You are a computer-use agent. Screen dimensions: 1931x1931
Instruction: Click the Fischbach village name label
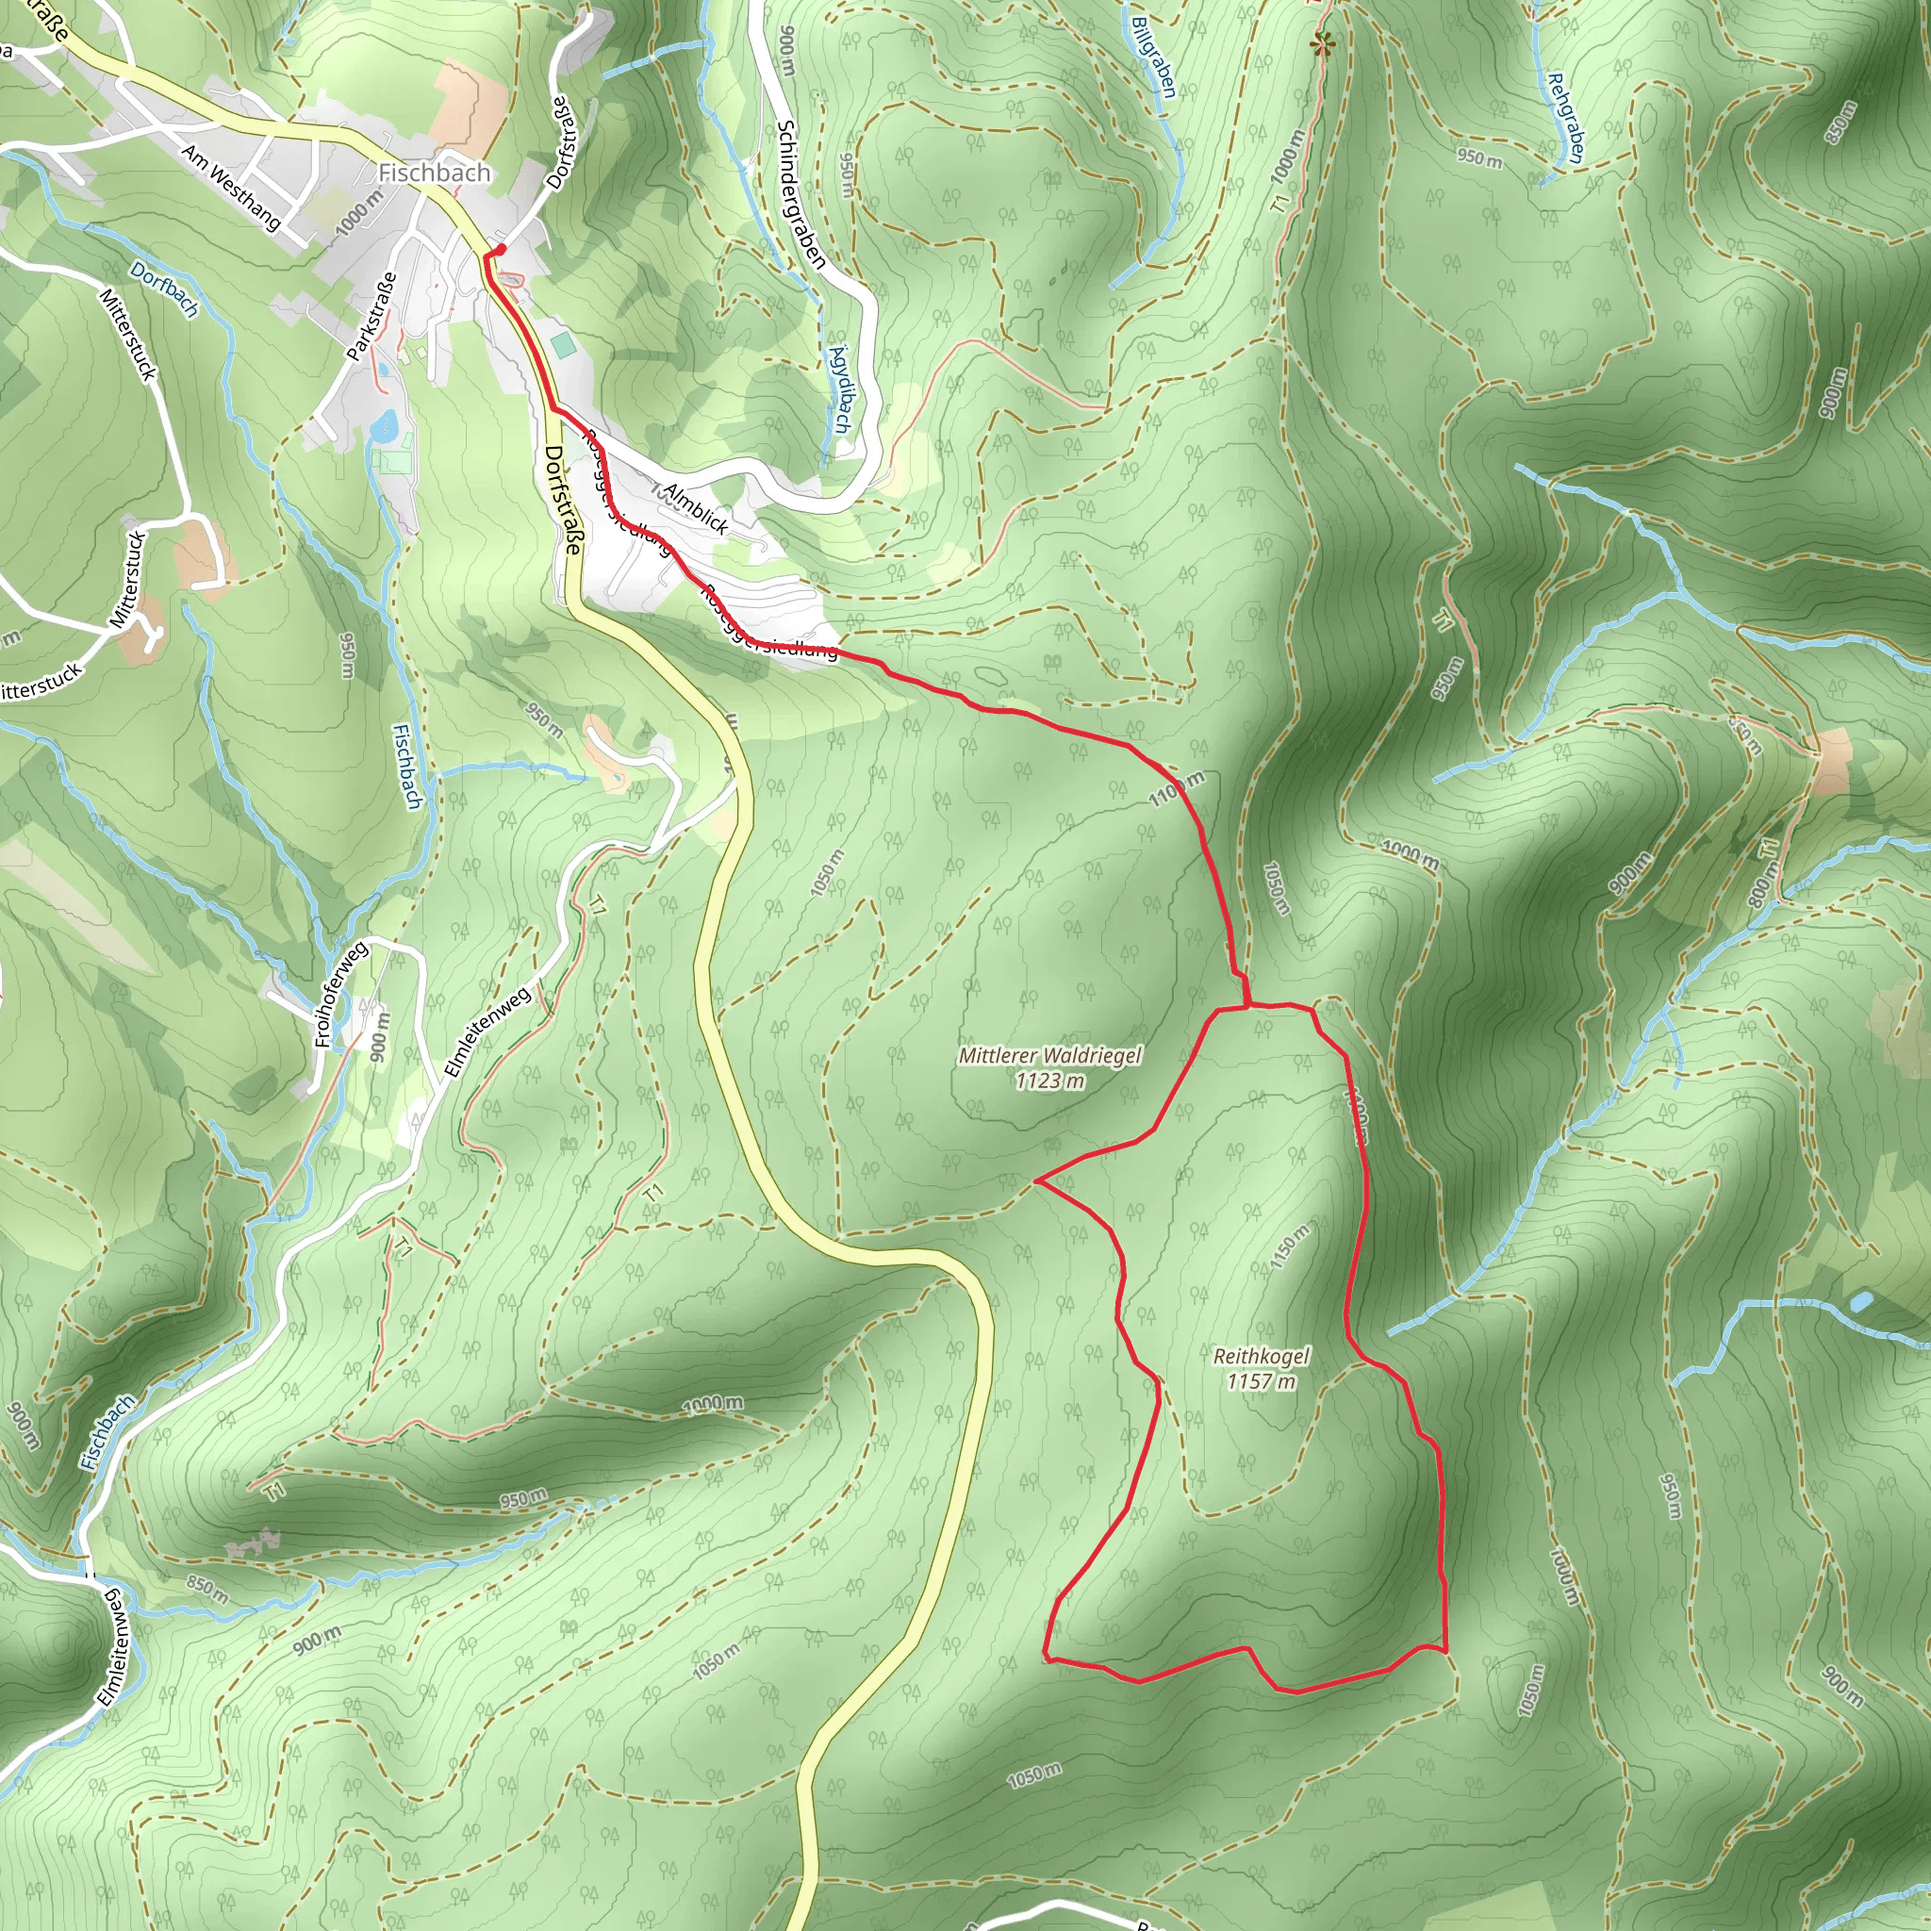coord(434,173)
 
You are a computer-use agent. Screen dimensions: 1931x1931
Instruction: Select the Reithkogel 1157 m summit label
coord(1262,1368)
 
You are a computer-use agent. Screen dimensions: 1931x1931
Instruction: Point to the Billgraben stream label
coord(1154,57)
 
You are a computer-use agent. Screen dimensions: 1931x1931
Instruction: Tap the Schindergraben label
coord(800,194)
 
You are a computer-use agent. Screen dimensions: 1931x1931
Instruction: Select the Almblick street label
coord(697,509)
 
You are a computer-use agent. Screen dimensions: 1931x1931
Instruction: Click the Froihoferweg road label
coord(342,994)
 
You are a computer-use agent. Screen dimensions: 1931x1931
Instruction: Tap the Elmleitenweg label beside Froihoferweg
coord(487,1032)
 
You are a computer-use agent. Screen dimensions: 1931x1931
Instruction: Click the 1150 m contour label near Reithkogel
coord(1288,1246)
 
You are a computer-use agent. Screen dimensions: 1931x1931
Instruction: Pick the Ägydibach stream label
coord(839,389)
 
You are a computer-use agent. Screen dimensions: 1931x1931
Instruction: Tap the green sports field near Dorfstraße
coord(563,346)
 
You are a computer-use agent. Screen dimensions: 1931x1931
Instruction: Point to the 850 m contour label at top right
coord(1841,122)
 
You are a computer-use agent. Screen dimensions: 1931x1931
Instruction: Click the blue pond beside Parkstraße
coord(383,427)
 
